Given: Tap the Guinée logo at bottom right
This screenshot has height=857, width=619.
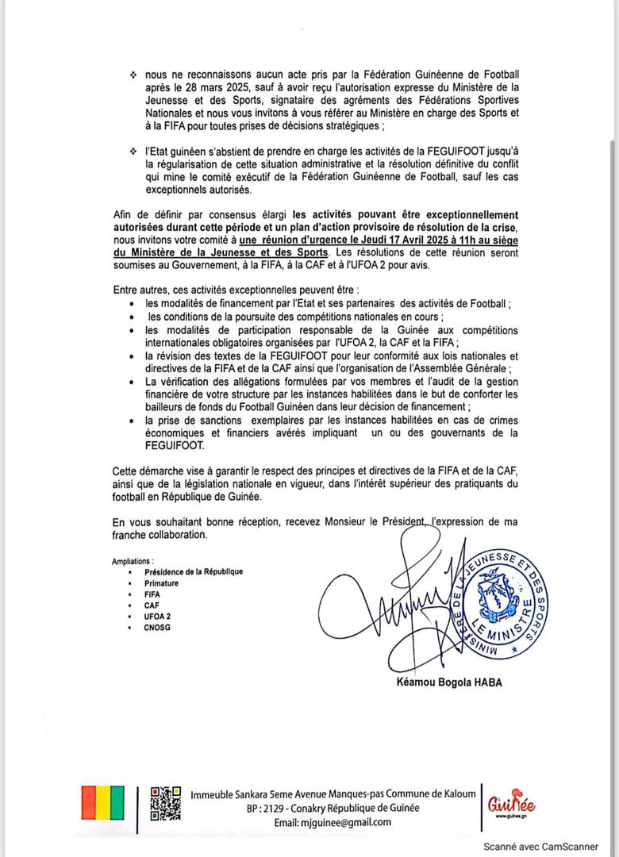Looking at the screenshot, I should tap(510, 804).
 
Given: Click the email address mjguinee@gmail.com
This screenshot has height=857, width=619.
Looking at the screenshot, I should tap(333, 822).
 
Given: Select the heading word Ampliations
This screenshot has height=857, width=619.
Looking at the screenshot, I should tap(133, 561).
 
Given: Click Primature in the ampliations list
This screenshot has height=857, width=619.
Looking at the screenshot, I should tap(161, 583).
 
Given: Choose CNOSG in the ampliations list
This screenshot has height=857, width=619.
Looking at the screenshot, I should tap(157, 628).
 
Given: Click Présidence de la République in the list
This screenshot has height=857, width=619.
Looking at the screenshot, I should tap(194, 571).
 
